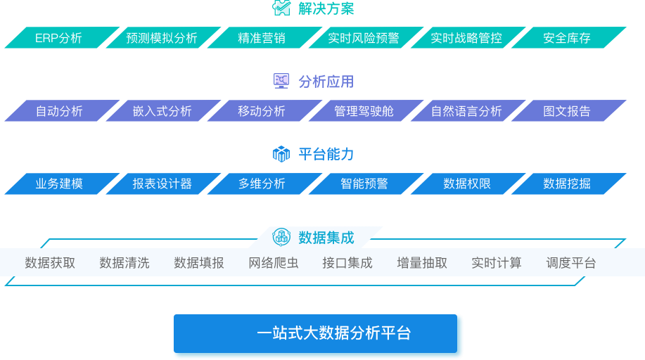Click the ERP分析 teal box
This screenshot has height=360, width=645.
(62, 38)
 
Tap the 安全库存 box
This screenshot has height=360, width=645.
(569, 38)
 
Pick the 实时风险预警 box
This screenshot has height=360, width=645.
(366, 38)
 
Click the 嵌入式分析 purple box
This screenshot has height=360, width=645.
(163, 110)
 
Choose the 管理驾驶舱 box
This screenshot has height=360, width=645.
(366, 110)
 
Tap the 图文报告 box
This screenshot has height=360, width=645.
(569, 110)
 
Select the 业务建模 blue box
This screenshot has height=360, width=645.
(62, 184)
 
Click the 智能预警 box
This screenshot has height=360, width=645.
(366, 184)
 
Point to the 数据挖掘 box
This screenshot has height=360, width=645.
(569, 184)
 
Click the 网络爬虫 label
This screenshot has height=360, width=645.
(274, 263)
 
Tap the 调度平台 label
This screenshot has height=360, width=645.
(571, 263)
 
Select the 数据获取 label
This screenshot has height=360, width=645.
(50, 263)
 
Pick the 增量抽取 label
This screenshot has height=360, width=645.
(422, 263)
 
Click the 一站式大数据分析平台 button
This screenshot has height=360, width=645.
(316, 334)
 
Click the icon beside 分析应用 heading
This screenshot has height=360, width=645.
(281, 81)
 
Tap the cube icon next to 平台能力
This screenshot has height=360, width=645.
(281, 154)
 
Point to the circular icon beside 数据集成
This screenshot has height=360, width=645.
(281, 237)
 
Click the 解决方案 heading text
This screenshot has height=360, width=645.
(326, 8)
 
